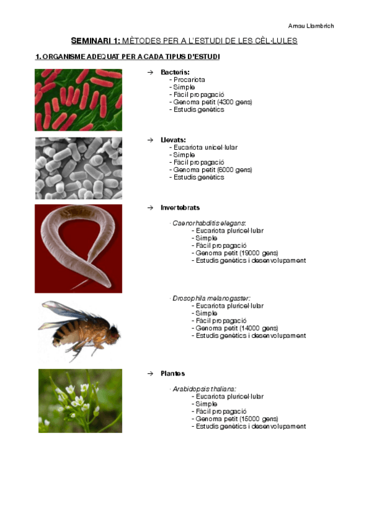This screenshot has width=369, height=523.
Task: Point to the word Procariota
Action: tap(189, 80)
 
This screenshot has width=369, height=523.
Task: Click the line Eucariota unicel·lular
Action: tap(205, 147)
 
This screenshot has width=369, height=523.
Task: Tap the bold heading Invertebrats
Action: tap(180, 208)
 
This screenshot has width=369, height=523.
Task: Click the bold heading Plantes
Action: tap(172, 374)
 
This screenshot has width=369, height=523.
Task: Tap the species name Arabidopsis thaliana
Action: tap(204, 389)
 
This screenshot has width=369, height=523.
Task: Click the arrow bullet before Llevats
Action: tap(150, 140)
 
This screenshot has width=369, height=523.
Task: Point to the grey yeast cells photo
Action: tap(78, 168)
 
